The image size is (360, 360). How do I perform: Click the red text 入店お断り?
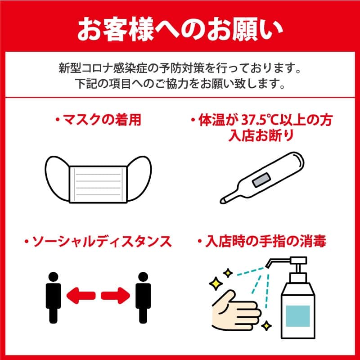pyautogui.click(x=261, y=135)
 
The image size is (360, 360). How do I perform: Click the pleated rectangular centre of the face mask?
pyautogui.click(x=98, y=184)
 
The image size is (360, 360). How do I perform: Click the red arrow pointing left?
pyautogui.click(x=81, y=296)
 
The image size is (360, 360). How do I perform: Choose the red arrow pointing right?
pyautogui.click(x=116, y=296)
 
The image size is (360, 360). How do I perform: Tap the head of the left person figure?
pyautogui.click(x=54, y=277)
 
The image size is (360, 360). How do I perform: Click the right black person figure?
pyautogui.click(x=143, y=298)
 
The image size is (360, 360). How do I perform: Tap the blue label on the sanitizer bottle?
pyautogui.click(x=298, y=316)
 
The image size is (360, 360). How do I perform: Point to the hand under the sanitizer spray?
pyautogui.click(x=235, y=310)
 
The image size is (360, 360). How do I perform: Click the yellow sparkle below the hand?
pyautogui.click(x=266, y=326)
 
